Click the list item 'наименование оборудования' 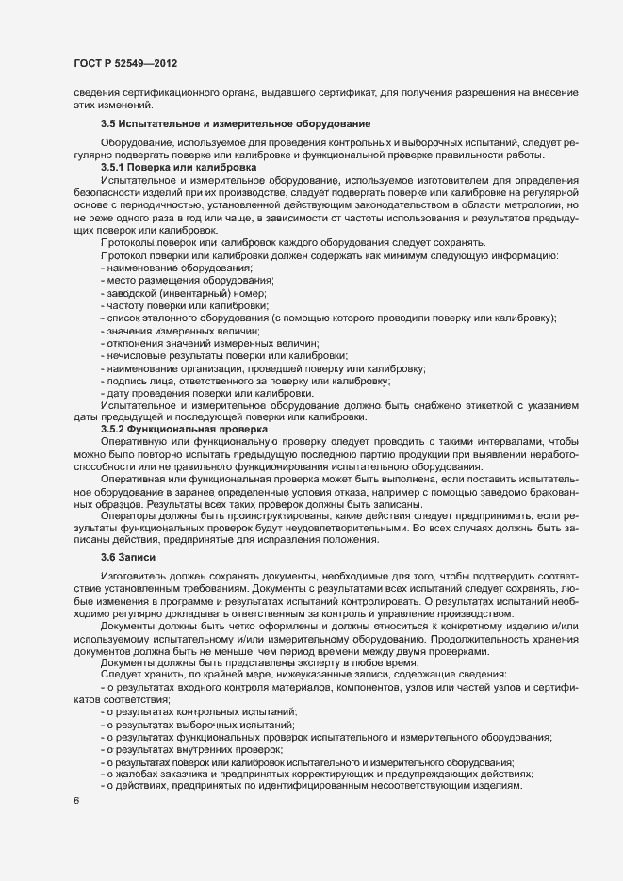172,268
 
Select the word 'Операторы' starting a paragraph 126,517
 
